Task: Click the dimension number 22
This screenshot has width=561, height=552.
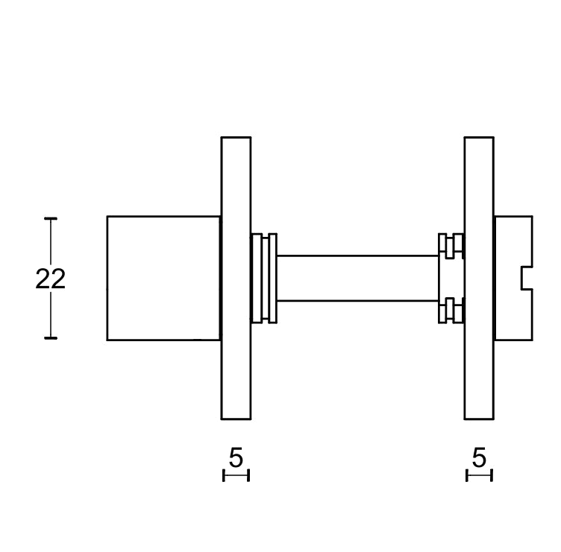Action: coord(51,279)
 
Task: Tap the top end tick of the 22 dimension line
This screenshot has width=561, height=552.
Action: coord(51,218)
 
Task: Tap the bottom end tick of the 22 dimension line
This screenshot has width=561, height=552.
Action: coord(51,339)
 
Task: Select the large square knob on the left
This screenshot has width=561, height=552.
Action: coord(163,278)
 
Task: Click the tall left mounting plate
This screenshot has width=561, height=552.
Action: coord(236,358)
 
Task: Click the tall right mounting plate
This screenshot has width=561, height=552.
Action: coord(478,358)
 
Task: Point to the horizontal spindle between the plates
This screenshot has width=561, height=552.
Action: coord(357,278)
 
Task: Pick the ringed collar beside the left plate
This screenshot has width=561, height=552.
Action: coord(263,278)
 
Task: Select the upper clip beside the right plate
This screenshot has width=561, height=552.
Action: coord(451,246)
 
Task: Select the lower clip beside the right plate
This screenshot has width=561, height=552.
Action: coord(451,311)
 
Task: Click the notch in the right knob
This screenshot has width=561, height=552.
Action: coord(526,278)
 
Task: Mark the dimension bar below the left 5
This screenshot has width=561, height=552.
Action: coord(236,475)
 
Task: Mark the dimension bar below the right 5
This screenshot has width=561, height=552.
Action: coord(479,475)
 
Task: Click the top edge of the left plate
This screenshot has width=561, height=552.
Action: coord(236,138)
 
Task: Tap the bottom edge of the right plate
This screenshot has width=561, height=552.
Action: coord(478,419)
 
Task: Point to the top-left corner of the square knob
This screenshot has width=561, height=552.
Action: coord(107,217)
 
